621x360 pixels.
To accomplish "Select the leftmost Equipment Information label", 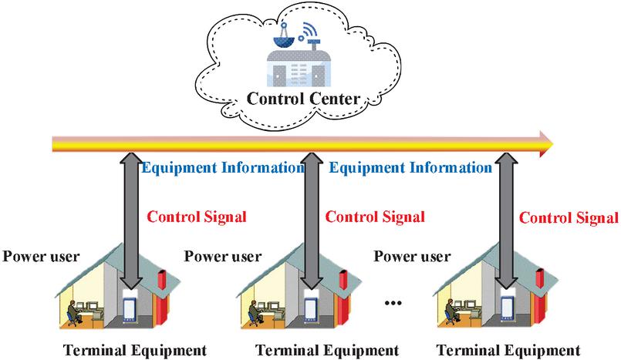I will [224, 167].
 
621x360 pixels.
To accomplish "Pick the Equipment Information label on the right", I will [410, 167].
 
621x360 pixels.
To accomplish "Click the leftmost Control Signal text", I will [196, 217].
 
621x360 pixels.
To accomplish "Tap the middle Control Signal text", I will [374, 217].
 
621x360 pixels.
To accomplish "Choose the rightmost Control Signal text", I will [569, 217].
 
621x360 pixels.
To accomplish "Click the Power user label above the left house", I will [42, 255].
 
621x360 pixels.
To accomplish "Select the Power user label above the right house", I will [413, 255].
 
